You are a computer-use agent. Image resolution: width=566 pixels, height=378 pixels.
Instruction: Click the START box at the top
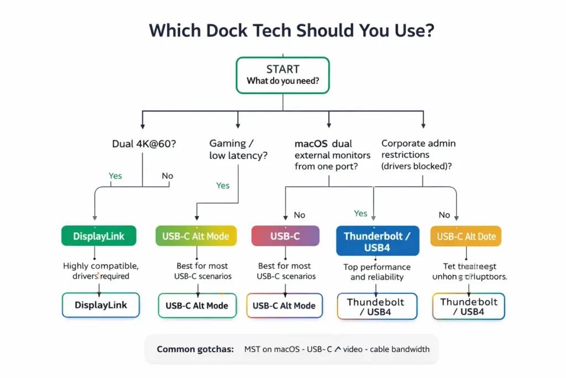[282, 75]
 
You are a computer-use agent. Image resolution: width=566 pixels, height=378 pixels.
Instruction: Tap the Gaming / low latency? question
[238, 149]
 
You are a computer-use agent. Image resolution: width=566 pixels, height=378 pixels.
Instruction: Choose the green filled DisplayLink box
[99, 236]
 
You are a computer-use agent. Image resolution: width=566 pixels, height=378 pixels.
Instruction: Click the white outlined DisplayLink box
[101, 305]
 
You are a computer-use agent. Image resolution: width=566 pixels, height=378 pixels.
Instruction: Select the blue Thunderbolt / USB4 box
[377, 242]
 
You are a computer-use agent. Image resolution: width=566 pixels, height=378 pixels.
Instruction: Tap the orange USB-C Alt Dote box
[467, 236]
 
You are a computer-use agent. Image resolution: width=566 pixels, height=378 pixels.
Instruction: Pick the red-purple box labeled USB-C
[285, 236]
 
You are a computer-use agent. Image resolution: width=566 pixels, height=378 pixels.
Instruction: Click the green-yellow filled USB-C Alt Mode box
[196, 236]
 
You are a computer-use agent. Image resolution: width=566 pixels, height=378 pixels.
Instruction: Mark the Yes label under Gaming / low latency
[223, 185]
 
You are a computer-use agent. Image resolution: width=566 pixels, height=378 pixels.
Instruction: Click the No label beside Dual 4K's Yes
[167, 176]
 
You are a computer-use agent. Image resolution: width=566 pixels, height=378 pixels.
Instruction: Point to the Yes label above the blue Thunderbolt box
[360, 213]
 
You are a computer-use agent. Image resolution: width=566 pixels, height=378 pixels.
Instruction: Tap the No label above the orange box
[444, 215]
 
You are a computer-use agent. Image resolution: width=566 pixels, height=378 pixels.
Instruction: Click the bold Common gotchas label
[195, 349]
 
